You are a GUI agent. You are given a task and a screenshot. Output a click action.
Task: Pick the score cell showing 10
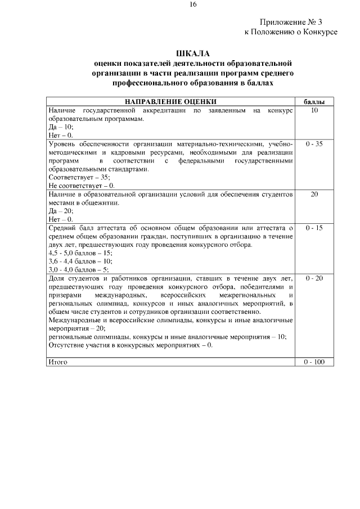coord(314,111)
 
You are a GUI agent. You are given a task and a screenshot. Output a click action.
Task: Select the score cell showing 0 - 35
coord(314,145)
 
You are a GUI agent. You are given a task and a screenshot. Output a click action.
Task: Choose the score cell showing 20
coord(314,194)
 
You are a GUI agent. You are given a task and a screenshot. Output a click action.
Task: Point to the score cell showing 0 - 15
coord(314,228)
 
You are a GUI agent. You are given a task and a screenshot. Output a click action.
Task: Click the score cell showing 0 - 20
coord(314,278)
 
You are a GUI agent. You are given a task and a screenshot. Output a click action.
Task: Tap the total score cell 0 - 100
coord(314,362)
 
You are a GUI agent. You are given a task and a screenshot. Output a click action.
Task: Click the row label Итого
coord(58,362)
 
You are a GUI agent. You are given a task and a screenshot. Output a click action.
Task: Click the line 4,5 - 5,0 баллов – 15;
coord(80,253)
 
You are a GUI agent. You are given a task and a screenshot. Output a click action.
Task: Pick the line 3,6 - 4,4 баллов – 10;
coord(80,262)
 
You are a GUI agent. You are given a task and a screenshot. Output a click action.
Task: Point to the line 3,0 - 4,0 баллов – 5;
coord(79,270)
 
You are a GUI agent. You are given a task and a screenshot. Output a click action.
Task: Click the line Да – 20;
coord(61,211)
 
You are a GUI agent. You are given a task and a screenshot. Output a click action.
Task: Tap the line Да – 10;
coord(61,128)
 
